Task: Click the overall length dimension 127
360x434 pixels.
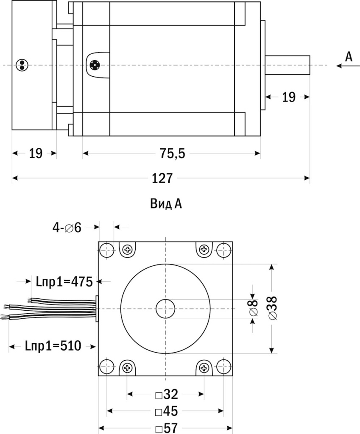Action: [x=162, y=179]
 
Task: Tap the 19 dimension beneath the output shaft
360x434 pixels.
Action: [x=288, y=97]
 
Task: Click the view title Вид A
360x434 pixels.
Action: [x=166, y=204]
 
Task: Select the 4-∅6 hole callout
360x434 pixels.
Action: [x=67, y=228]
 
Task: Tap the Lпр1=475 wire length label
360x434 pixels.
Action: [x=62, y=281]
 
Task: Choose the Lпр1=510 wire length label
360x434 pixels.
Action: [x=52, y=346]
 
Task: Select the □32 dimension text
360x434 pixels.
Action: [x=166, y=395]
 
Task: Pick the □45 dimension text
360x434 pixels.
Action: [x=166, y=412]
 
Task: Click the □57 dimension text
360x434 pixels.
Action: [x=166, y=428]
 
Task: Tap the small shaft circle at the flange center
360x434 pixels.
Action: [x=166, y=309]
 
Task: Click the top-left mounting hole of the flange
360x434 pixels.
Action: [x=107, y=250]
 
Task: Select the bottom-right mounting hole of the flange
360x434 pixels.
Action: [x=224, y=367]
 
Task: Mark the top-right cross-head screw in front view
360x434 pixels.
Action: [x=204, y=249]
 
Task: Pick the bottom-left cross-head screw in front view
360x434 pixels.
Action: [x=127, y=367]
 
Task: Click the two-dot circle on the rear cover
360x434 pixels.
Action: [x=21, y=65]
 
